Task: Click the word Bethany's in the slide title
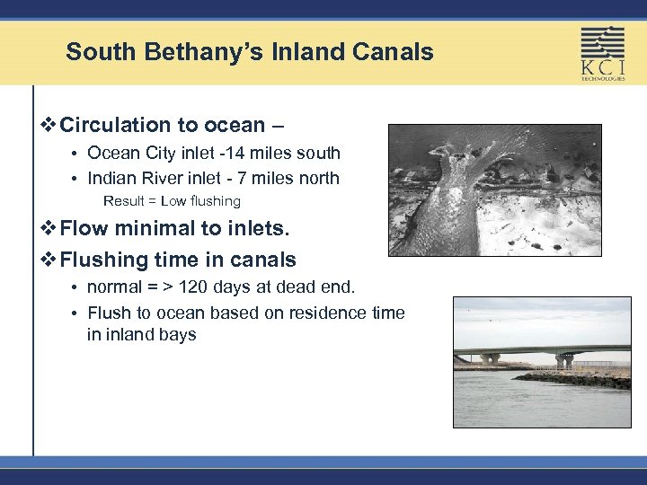coord(198,52)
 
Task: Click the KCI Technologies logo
coord(602,53)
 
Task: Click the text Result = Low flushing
coord(172,201)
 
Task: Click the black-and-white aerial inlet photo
coord(494,190)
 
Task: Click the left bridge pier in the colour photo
coord(490,358)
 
